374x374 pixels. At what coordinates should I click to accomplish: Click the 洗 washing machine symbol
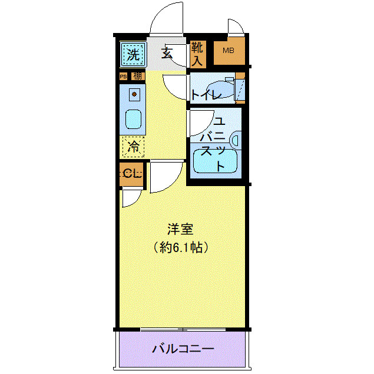click(133, 55)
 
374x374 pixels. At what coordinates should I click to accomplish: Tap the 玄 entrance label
click(167, 54)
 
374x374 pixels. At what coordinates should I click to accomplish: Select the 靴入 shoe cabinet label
click(197, 53)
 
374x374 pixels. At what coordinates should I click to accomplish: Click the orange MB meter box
click(228, 52)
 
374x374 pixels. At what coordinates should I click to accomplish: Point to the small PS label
click(123, 76)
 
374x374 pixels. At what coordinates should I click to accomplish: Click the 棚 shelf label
click(137, 76)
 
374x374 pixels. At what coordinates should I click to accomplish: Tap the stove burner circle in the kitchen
click(134, 94)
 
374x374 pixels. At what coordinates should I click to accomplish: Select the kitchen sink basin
click(134, 120)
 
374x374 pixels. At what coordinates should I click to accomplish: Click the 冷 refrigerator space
click(134, 146)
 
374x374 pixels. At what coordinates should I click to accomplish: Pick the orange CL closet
click(131, 174)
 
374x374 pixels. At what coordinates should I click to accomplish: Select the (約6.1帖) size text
click(181, 247)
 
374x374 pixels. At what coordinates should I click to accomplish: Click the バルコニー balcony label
click(183, 349)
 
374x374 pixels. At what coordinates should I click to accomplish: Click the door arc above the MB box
click(236, 27)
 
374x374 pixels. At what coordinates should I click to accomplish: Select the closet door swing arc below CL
click(129, 199)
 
